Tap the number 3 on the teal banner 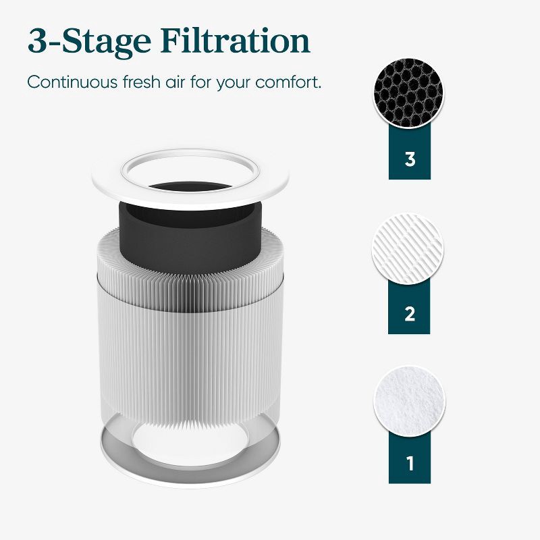click(x=409, y=159)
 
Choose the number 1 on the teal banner click(x=409, y=464)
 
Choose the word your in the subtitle click(x=246, y=82)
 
